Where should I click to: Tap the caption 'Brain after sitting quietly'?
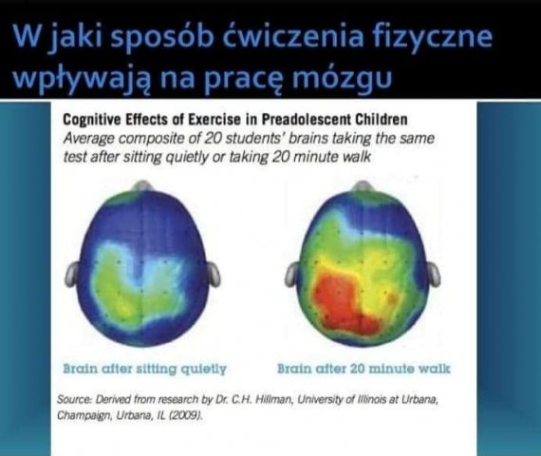(145, 369)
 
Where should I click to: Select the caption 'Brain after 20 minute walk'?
(364, 369)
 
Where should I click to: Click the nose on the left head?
(142, 186)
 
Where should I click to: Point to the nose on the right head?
(362, 186)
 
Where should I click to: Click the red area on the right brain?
(345, 301)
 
